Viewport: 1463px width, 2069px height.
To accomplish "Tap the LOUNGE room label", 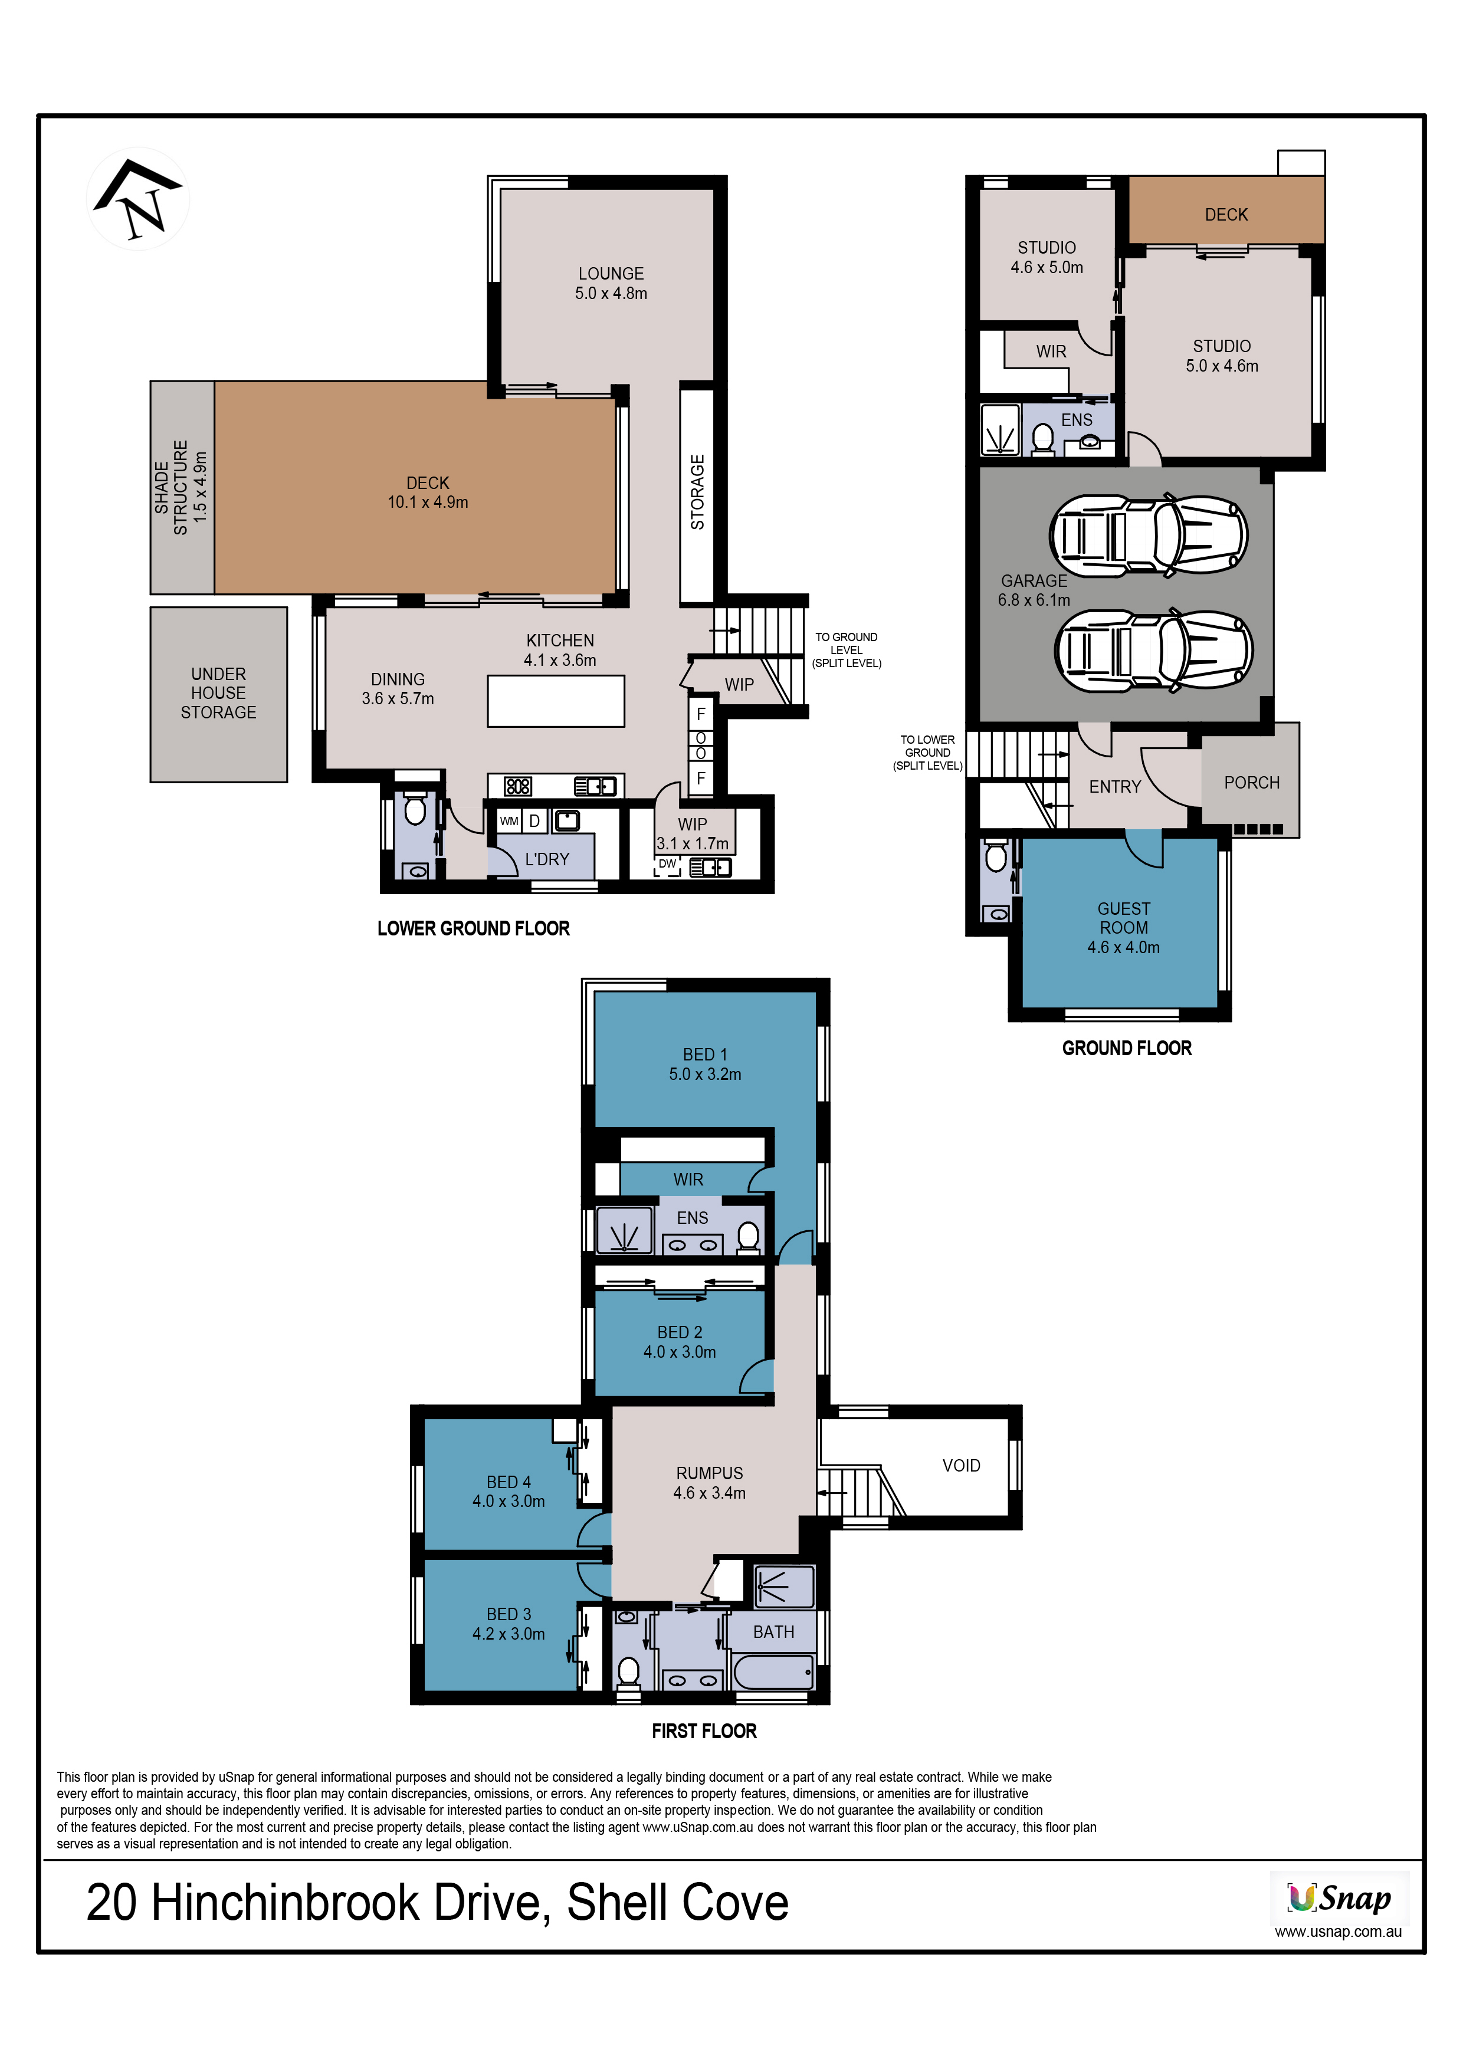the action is (611, 273).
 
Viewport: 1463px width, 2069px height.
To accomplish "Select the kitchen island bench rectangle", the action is (556, 701).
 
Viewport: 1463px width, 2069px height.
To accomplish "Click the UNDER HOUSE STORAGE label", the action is (218, 693).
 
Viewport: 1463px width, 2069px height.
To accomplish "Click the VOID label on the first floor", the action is (961, 1465).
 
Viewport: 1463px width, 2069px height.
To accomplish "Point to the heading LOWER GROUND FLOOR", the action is (473, 928).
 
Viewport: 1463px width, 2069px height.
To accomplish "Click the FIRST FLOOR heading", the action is (704, 1731).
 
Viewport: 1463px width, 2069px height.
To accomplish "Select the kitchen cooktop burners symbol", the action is (517, 786).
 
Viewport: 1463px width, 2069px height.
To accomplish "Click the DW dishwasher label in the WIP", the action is (667, 863).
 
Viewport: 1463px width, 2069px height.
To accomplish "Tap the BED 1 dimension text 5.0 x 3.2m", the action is (705, 1074).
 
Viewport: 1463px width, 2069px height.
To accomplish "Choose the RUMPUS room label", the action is (710, 1473).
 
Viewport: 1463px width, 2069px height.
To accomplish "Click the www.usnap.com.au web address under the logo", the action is (1338, 1931).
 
